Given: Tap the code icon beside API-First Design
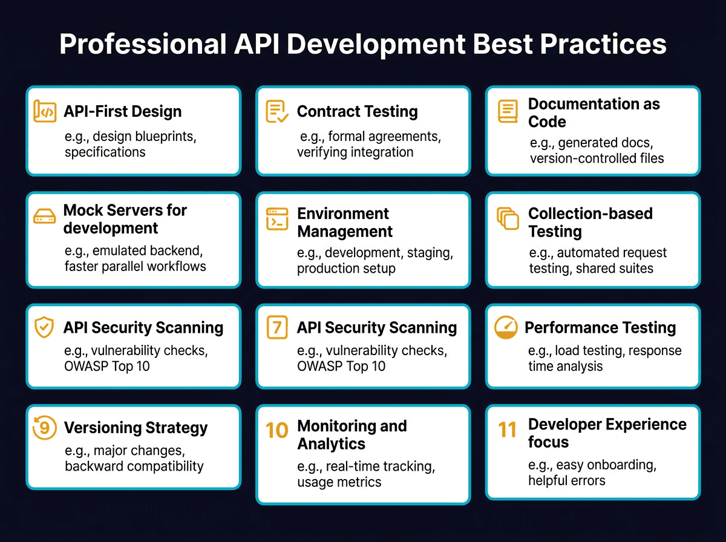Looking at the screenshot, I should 45,111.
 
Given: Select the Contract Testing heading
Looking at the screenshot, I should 357,111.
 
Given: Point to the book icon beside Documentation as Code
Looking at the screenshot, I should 508,112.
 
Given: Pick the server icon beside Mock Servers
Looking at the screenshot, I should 45,218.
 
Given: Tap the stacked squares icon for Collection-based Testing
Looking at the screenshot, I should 508,219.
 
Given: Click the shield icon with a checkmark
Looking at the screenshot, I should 44,327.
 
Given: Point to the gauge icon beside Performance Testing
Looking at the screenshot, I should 506,327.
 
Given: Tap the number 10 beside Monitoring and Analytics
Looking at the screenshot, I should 277,430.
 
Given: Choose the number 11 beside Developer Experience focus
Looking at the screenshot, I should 507,430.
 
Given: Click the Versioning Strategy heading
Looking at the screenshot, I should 136,428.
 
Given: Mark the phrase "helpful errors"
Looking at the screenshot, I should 566,481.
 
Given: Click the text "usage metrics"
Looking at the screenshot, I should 339,482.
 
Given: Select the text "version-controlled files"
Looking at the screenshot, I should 597,158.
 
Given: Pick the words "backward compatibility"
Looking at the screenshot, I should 134,466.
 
